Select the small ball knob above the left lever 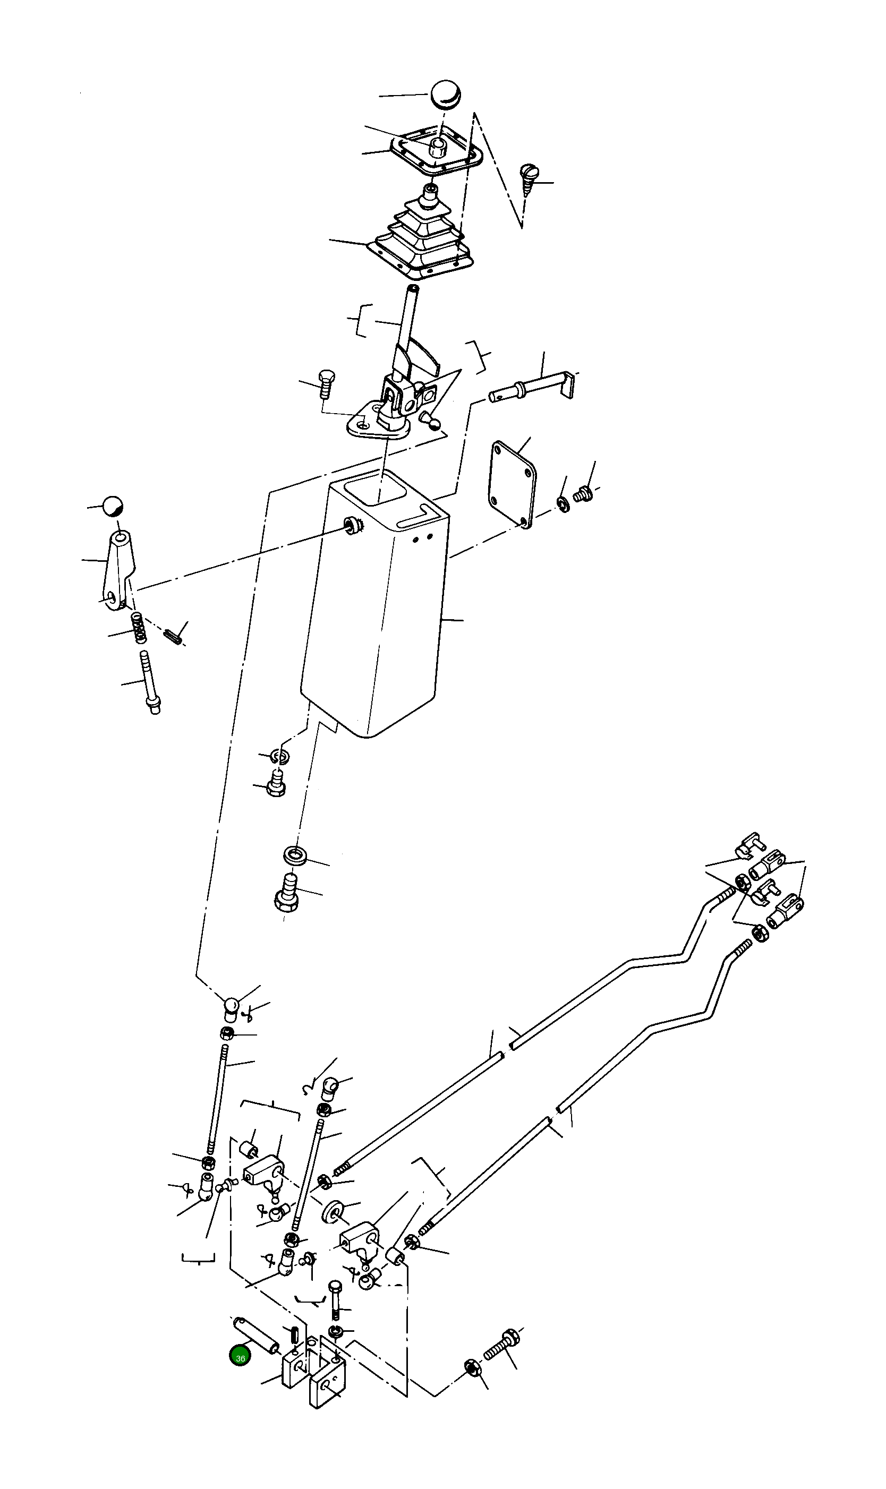click(x=112, y=506)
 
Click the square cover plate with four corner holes click(x=512, y=484)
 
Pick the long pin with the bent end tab click(x=531, y=388)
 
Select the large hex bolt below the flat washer click(x=286, y=893)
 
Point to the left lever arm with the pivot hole click(x=118, y=570)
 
